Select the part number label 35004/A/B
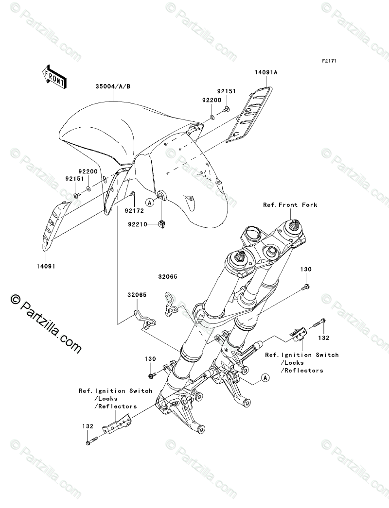pos(112,87)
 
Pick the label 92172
pos(134,210)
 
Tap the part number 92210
pos(138,224)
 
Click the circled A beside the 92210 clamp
pos(150,202)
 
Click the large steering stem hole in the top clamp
pos(251,234)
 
